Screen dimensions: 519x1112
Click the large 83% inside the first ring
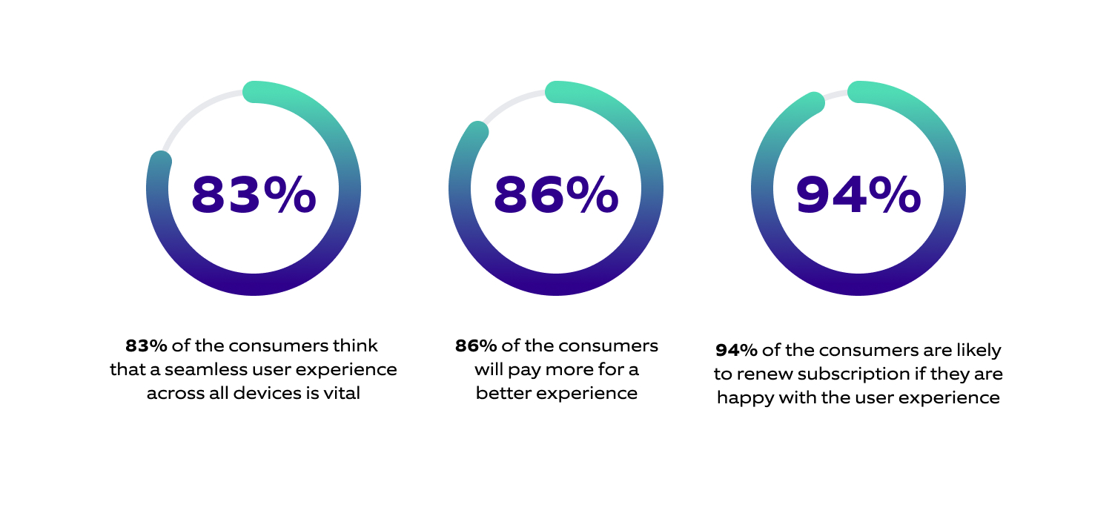(x=254, y=194)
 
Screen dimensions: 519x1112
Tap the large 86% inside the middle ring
(x=556, y=194)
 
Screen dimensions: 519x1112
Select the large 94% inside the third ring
(x=858, y=194)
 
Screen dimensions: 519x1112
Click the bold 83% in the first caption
(x=146, y=346)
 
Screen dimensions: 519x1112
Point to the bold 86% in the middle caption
(x=476, y=346)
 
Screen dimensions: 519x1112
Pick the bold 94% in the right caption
(x=736, y=350)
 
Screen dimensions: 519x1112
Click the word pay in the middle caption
(x=520, y=369)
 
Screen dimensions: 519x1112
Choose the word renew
(x=759, y=374)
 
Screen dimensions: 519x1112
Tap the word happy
(x=743, y=397)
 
